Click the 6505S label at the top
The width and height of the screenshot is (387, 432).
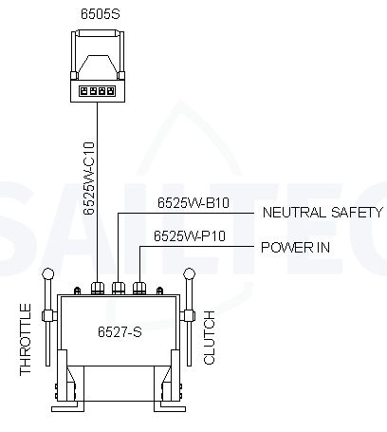point(101,14)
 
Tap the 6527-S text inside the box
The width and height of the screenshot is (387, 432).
point(120,331)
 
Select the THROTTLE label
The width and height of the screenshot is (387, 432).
point(26,340)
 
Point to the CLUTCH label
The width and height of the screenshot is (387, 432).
point(210,337)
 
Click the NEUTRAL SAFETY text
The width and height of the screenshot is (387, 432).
point(322,213)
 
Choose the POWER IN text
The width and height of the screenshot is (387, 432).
point(295,247)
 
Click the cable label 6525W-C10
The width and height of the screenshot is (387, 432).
point(89,178)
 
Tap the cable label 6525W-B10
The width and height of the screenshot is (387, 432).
point(193,203)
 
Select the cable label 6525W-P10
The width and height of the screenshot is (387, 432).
point(190,236)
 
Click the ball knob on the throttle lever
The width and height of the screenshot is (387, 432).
point(48,273)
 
